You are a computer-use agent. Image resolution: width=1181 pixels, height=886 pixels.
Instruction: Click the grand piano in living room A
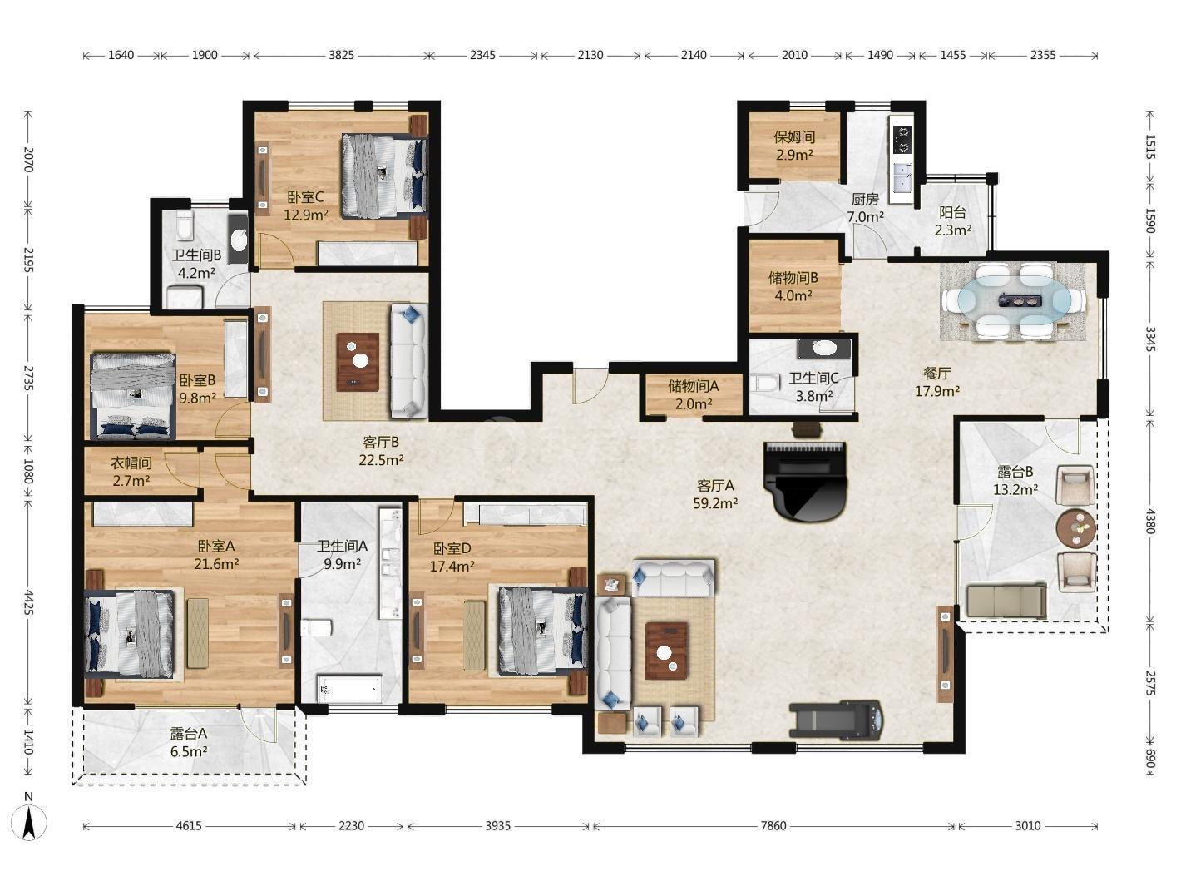(x=805, y=481)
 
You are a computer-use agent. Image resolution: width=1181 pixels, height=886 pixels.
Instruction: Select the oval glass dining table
(x=1013, y=302)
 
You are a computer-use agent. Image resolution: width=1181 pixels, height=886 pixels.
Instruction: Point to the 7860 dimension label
(x=773, y=826)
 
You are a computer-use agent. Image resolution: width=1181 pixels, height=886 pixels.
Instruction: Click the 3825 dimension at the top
(x=341, y=55)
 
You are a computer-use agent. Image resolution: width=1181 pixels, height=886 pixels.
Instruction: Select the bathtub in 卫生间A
(x=350, y=689)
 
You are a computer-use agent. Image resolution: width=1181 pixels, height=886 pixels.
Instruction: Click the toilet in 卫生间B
(x=185, y=225)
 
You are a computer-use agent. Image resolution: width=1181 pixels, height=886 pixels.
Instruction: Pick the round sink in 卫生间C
(x=823, y=349)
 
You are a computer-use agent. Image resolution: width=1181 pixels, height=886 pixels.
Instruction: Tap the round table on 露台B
(x=1075, y=528)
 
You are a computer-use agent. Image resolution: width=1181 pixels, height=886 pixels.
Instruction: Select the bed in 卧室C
(x=384, y=176)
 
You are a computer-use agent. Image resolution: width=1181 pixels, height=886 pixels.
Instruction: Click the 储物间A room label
(x=693, y=386)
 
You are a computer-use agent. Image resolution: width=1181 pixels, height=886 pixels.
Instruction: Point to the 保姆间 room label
(x=794, y=137)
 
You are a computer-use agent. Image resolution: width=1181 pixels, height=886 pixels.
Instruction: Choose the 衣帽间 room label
(x=131, y=463)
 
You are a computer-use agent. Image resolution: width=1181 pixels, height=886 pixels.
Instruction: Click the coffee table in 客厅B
(x=358, y=362)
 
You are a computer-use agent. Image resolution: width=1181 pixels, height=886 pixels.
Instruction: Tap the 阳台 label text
(x=952, y=213)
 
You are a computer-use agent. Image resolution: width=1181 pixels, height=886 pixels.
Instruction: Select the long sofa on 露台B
(x=1006, y=601)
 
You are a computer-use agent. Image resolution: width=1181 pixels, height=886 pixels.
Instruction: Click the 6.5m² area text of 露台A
(x=189, y=751)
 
